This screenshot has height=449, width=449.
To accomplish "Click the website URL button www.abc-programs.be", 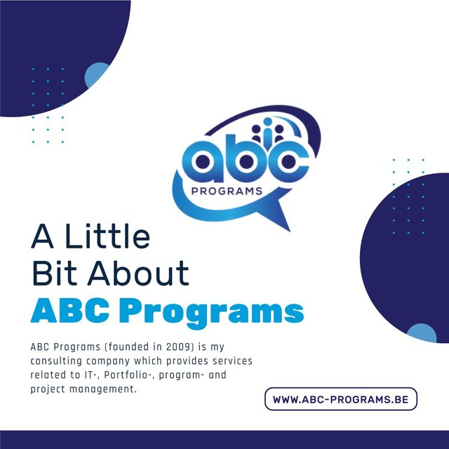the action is (x=341, y=399).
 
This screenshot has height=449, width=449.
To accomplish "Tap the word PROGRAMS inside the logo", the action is (x=227, y=191).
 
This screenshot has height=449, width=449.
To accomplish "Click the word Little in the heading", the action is (x=107, y=236).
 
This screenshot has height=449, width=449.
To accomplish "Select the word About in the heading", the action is (x=138, y=273).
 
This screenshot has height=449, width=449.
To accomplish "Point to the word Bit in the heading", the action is (x=54, y=273).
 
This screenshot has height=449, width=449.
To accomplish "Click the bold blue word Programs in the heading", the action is (x=212, y=311).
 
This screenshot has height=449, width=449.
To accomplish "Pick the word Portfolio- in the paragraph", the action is (x=128, y=375).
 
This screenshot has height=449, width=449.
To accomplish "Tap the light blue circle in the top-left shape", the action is (x=96, y=74).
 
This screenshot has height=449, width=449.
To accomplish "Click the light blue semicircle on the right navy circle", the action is (x=422, y=333).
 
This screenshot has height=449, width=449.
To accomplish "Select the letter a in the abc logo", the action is (x=203, y=161).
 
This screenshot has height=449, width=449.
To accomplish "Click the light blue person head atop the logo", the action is (x=267, y=121).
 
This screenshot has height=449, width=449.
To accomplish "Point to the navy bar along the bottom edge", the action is (x=224, y=440).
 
